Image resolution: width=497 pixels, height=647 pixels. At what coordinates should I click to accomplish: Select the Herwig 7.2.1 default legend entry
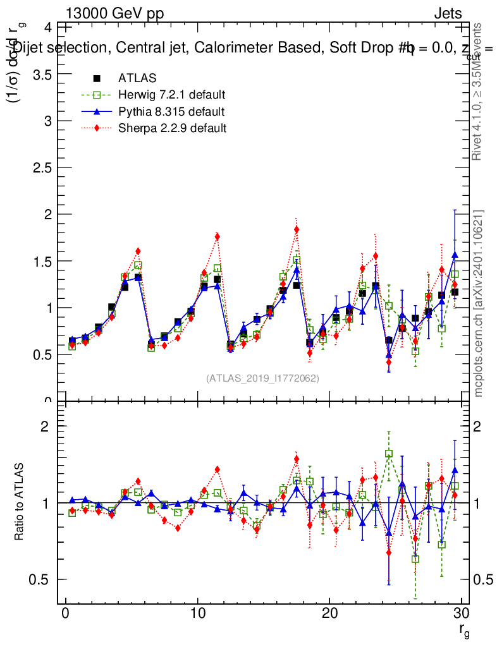pos(171,95)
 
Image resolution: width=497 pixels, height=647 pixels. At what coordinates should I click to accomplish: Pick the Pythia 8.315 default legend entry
pos(171,112)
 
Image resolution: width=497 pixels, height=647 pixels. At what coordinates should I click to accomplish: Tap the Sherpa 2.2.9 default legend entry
pos(172,128)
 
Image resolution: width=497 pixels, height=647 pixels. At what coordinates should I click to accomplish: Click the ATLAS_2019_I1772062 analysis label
pos(262,378)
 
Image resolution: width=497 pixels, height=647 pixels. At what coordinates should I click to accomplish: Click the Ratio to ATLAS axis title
pos(20,502)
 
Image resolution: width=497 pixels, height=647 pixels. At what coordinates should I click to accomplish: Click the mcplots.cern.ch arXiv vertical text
pos(479,303)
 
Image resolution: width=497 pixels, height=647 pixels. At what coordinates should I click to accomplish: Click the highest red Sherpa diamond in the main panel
pos(297,229)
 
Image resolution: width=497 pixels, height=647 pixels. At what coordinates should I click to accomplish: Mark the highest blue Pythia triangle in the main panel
pos(455,255)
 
